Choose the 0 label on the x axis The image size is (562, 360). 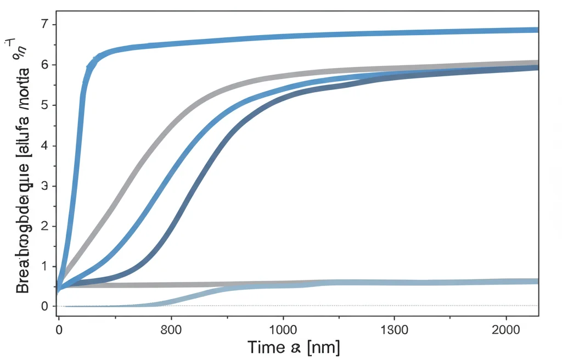[x=59, y=329]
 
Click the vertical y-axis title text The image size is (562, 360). [x=23, y=165]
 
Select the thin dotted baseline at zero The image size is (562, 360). [x=384, y=306]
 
